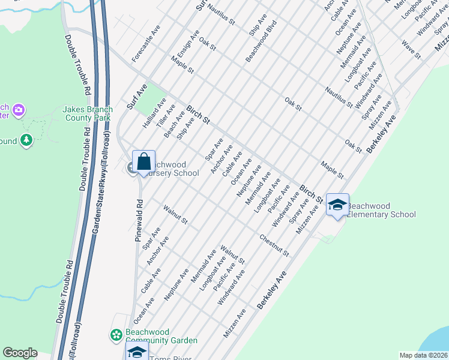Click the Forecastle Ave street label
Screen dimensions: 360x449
tap(146, 44)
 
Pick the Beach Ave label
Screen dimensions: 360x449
tap(175, 124)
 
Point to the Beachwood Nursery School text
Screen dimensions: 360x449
tap(172, 169)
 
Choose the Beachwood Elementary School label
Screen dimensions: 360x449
tap(381, 209)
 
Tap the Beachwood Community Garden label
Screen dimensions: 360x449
tap(161, 336)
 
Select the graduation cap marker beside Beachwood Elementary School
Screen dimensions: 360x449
tap(337, 205)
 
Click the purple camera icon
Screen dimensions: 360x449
tap(19, 110)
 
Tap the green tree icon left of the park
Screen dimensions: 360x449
tap(26, 140)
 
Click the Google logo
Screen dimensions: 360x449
tap(20, 353)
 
